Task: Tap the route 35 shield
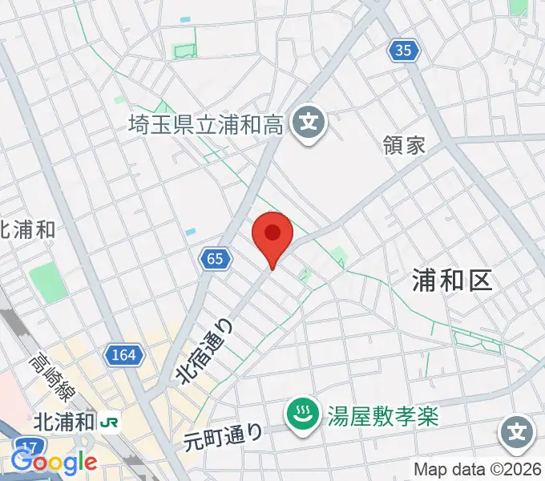coord(404,51)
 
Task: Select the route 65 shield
coord(214,258)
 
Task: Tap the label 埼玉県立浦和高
coord(206,124)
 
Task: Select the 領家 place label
coord(404,145)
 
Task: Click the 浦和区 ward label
coord(450,279)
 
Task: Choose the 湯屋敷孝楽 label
coord(383,415)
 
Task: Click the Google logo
coord(53,462)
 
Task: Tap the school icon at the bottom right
coord(518,434)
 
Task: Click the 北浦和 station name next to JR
coord(65,422)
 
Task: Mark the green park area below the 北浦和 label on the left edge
coord(46,280)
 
